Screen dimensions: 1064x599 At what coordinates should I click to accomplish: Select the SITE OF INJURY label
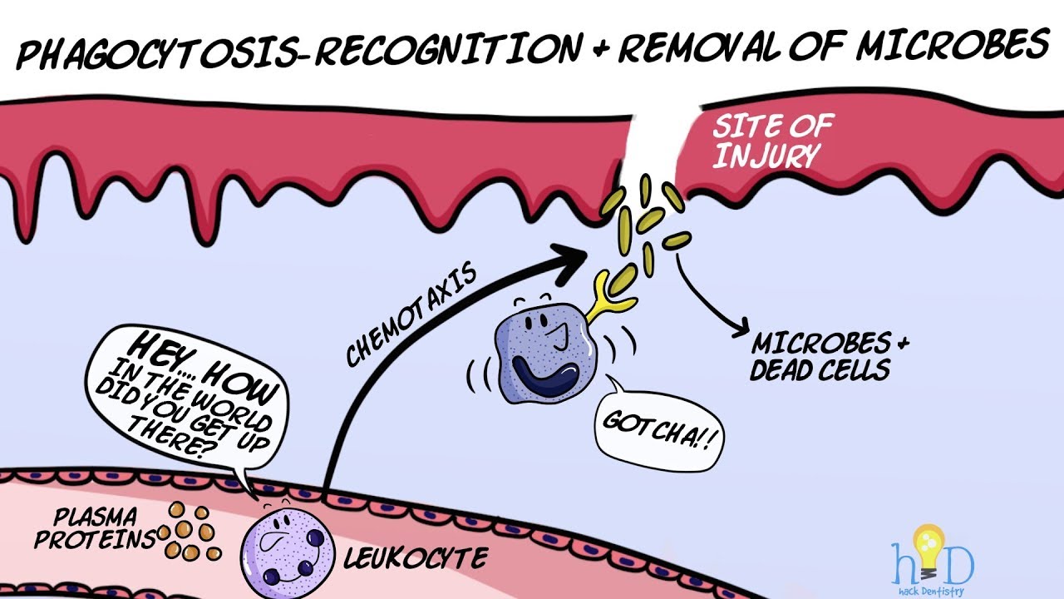pos(773,141)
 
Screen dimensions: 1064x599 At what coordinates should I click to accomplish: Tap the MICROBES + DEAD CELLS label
pos(826,357)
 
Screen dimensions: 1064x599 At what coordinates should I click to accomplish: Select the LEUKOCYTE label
pos(416,557)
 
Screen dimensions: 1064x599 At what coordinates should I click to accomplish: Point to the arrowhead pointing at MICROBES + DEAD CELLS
pos(740,328)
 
